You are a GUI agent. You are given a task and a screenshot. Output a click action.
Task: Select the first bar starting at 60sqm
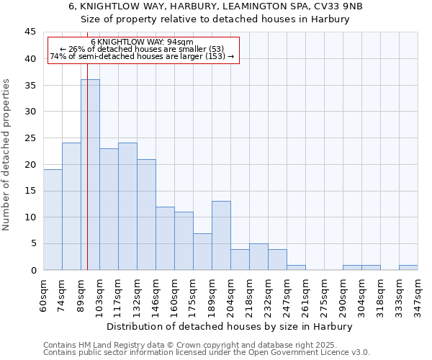tap(53, 220)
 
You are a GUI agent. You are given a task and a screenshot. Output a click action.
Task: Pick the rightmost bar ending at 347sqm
tap(408, 267)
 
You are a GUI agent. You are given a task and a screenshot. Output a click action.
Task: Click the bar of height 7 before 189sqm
tap(202, 251)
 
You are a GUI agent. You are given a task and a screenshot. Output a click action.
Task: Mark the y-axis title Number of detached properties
tap(7, 155)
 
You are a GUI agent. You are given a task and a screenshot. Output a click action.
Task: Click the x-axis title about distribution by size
tap(230, 326)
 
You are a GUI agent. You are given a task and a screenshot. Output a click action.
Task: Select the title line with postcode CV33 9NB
tap(216, 6)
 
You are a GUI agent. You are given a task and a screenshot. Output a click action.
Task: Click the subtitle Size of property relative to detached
tap(216, 19)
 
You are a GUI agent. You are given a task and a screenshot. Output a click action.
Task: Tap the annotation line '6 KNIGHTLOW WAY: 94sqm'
tap(143, 42)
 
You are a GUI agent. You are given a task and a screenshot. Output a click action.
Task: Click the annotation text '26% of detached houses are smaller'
tap(143, 49)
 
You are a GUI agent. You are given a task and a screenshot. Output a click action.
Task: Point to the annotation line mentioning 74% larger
tap(143, 56)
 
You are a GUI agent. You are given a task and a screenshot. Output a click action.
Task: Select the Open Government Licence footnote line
tap(207, 352)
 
